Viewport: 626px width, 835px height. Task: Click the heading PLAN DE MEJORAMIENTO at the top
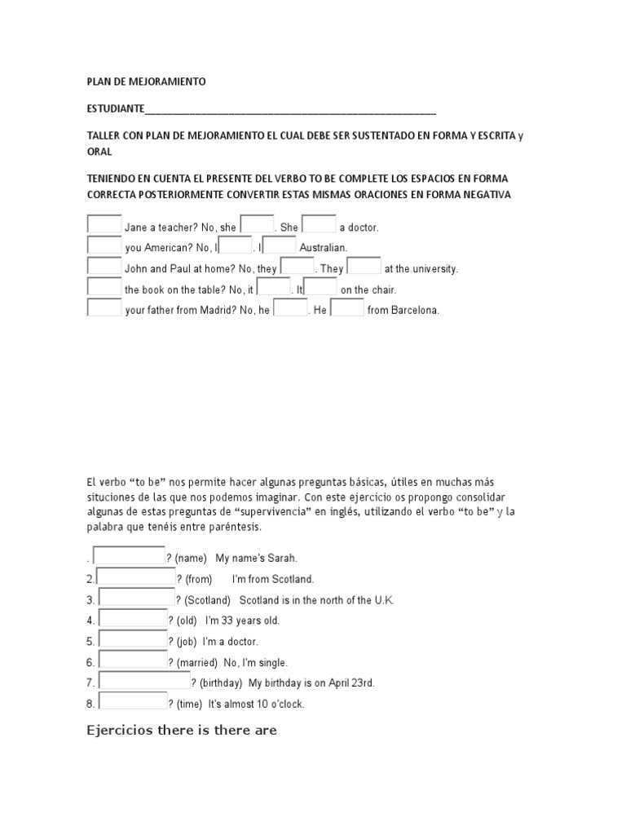pos(147,82)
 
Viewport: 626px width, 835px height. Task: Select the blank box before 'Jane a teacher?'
pos(104,224)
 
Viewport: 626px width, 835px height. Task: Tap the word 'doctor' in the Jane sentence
pos(364,228)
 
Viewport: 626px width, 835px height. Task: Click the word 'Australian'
pos(324,248)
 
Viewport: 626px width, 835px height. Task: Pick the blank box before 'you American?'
pos(104,245)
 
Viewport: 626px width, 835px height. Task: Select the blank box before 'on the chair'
pos(320,286)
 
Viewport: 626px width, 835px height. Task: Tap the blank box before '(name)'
pos(130,555)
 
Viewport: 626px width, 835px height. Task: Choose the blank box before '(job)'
pos(132,638)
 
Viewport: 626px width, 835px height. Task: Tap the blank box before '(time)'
pos(132,701)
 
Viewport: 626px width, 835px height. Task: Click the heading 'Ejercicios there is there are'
pos(182,731)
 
